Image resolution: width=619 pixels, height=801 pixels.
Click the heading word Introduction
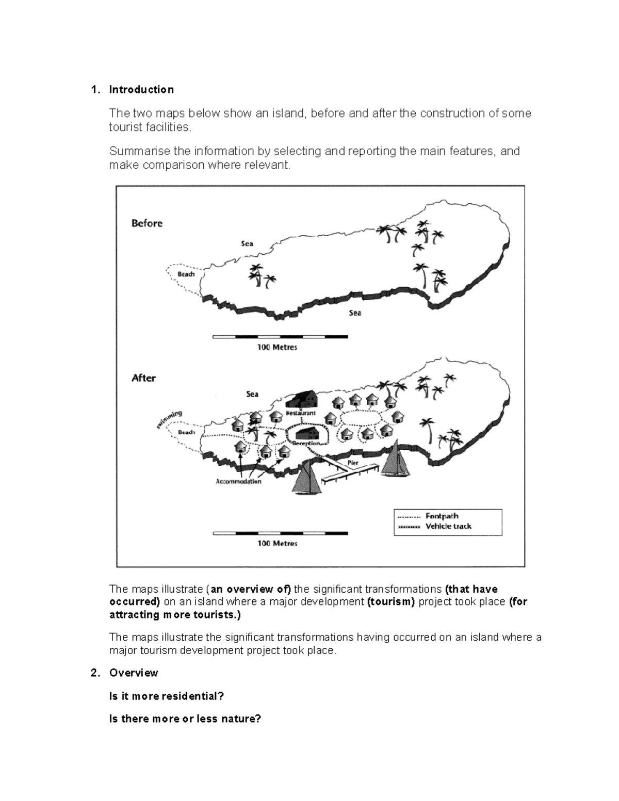[141, 90]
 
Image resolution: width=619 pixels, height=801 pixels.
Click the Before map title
[147, 223]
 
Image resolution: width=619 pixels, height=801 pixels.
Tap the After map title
[143, 378]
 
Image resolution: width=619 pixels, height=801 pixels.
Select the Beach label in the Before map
[186, 274]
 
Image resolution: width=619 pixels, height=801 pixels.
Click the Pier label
[353, 463]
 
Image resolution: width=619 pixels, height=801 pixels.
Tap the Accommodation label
[238, 481]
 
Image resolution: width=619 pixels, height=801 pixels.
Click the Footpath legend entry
[442, 516]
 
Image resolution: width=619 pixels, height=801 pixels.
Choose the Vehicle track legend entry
[448, 526]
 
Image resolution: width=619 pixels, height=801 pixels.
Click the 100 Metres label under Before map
[277, 347]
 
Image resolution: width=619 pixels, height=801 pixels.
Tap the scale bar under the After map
[280, 533]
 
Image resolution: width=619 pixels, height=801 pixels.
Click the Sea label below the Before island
[355, 313]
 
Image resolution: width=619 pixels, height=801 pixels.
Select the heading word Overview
[134, 673]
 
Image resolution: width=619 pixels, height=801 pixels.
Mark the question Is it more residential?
[167, 696]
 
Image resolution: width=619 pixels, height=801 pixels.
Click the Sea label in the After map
[252, 394]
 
